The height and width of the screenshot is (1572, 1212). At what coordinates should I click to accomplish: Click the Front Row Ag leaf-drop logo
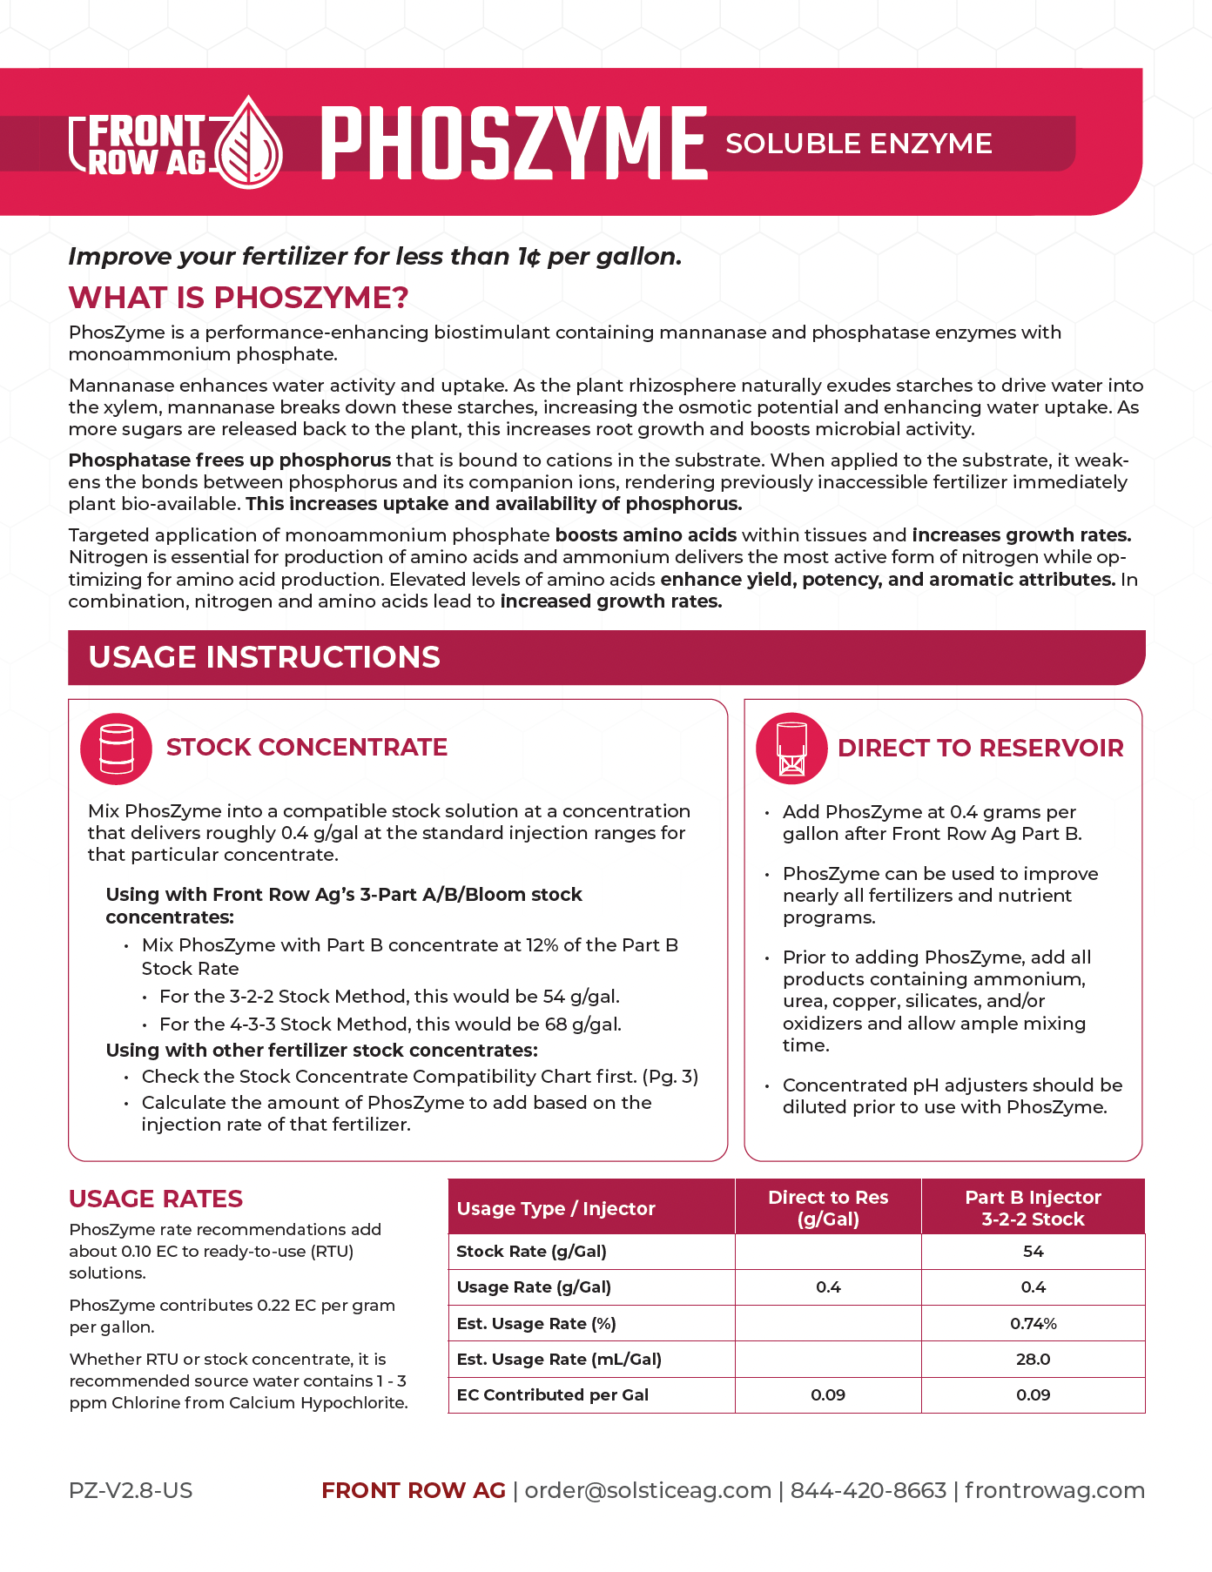[249, 144]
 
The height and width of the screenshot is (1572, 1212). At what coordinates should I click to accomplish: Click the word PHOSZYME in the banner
[514, 144]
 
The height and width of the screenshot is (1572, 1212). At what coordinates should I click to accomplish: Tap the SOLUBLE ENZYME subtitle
[858, 144]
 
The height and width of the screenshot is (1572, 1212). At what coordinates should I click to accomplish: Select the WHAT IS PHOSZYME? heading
[239, 298]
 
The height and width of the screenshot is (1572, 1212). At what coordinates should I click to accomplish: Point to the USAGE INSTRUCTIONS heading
[264, 657]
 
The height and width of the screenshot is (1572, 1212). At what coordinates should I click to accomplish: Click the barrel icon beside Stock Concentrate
[117, 749]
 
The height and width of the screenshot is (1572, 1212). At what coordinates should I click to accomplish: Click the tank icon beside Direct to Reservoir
[791, 749]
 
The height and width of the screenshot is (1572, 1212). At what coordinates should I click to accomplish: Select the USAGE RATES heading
[156, 1199]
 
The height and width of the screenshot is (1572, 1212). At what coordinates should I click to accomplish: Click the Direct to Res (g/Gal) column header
[828, 1208]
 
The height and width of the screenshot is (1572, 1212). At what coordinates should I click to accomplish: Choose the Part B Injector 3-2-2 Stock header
[1033, 1208]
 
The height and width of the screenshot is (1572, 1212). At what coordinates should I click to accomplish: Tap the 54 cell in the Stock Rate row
[1033, 1252]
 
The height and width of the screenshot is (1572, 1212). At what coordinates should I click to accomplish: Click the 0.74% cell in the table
[1033, 1324]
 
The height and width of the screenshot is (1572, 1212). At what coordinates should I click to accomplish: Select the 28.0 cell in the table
[1033, 1360]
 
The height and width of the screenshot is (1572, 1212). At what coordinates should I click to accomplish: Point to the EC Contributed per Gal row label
[552, 1395]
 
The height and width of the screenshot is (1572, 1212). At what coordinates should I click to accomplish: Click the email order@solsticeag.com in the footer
[648, 1491]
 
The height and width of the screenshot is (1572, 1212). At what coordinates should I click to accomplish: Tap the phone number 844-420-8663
[868, 1491]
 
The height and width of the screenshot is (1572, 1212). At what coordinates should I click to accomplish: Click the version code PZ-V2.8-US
[131, 1491]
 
